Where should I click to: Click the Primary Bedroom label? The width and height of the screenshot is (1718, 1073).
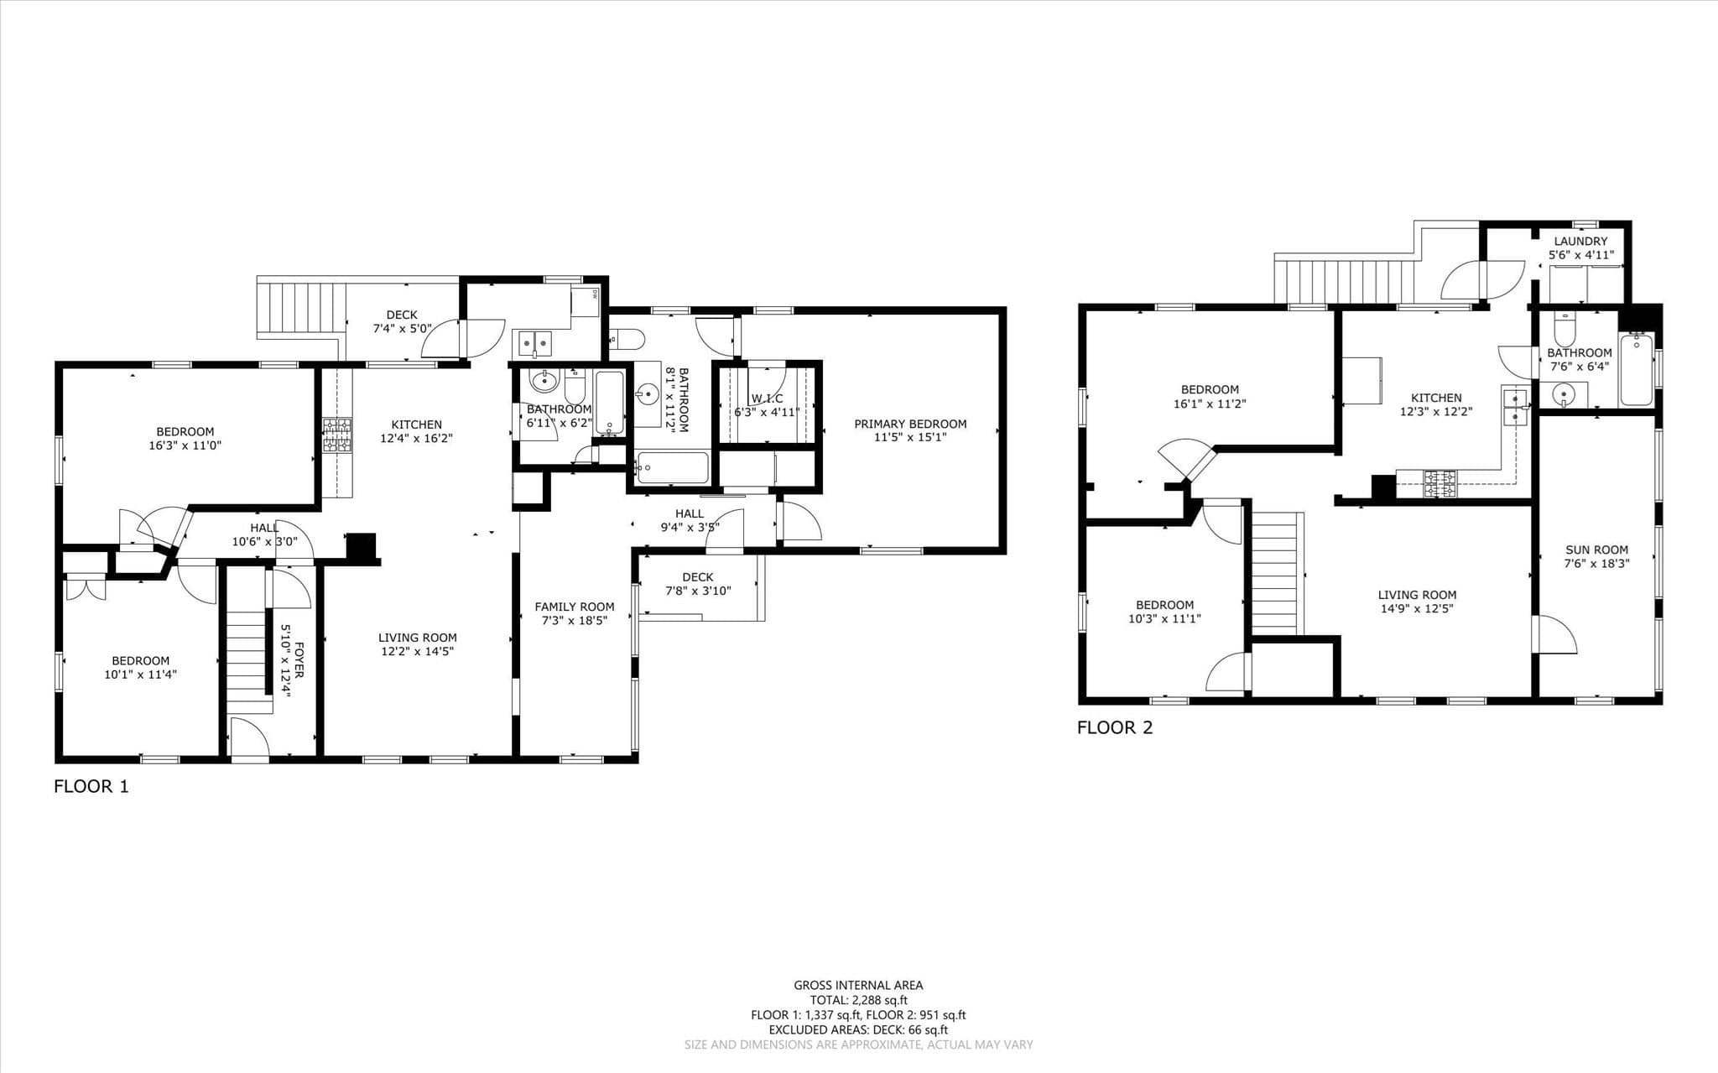tap(910, 424)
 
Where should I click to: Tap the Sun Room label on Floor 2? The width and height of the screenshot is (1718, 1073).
tap(1596, 550)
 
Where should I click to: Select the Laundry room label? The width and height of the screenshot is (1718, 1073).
tap(1580, 242)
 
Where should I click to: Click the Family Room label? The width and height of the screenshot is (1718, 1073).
tap(575, 607)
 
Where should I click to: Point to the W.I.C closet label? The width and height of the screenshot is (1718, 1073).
tap(767, 398)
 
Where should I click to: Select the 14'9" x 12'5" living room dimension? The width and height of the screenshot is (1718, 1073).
tap(1416, 608)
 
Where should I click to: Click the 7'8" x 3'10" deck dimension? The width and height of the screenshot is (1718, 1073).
tap(697, 591)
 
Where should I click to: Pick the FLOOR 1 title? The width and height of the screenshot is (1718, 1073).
tap(91, 787)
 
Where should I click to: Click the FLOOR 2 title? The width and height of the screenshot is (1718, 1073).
tap(1115, 727)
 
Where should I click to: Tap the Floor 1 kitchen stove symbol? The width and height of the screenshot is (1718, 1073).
tap(337, 435)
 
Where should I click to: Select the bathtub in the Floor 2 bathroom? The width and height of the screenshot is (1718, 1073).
tap(1636, 370)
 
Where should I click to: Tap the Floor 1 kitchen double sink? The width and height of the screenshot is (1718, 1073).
tap(534, 342)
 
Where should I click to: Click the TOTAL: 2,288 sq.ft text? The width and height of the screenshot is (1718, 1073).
tap(858, 1000)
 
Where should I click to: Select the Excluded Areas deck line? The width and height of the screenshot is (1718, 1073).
tap(858, 1030)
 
